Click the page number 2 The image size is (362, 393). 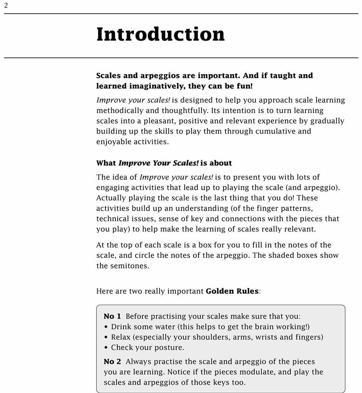coord(6,6)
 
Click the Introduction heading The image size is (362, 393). coord(160,35)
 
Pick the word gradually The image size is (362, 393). coord(326,121)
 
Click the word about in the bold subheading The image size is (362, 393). coord(220,163)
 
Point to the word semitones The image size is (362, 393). coord(129,266)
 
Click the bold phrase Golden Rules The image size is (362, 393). coord(232,291)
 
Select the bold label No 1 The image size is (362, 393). coord(112,317)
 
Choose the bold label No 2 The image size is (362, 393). coord(112,362)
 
